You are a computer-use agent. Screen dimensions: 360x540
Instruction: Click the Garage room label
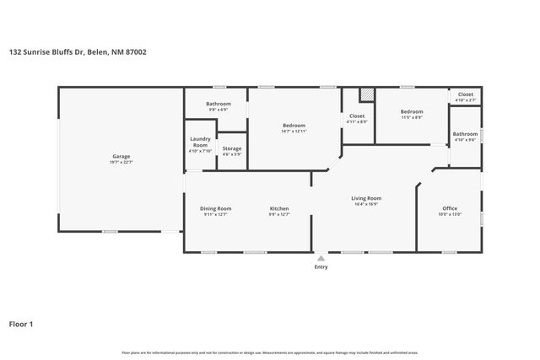pos(121,156)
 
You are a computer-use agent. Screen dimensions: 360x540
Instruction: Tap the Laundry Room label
pos(200,142)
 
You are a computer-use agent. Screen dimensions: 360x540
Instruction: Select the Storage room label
pos(231,148)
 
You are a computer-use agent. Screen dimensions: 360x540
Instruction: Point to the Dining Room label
pos(216,208)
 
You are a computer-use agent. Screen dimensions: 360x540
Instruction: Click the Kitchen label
pos(279,208)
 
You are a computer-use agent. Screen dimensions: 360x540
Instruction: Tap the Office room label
pos(450,208)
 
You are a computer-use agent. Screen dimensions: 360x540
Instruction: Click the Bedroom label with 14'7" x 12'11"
pos(294,126)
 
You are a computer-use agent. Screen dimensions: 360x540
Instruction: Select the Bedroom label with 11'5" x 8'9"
pos(412,111)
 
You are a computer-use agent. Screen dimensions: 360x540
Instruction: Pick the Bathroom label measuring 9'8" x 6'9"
pos(219,104)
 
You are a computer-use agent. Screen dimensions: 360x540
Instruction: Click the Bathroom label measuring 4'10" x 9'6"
pos(465,134)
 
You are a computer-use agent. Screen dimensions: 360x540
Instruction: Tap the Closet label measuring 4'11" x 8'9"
pos(357,116)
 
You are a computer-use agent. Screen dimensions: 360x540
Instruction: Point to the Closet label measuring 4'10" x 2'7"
pos(466,94)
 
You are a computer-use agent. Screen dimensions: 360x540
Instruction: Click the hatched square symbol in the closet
pos(366,95)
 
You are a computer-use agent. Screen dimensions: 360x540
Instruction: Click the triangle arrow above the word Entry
pos(321,258)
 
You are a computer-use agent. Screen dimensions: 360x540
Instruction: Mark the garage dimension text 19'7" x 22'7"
pos(121,162)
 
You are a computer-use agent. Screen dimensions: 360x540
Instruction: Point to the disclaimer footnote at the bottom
pos(269,352)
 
